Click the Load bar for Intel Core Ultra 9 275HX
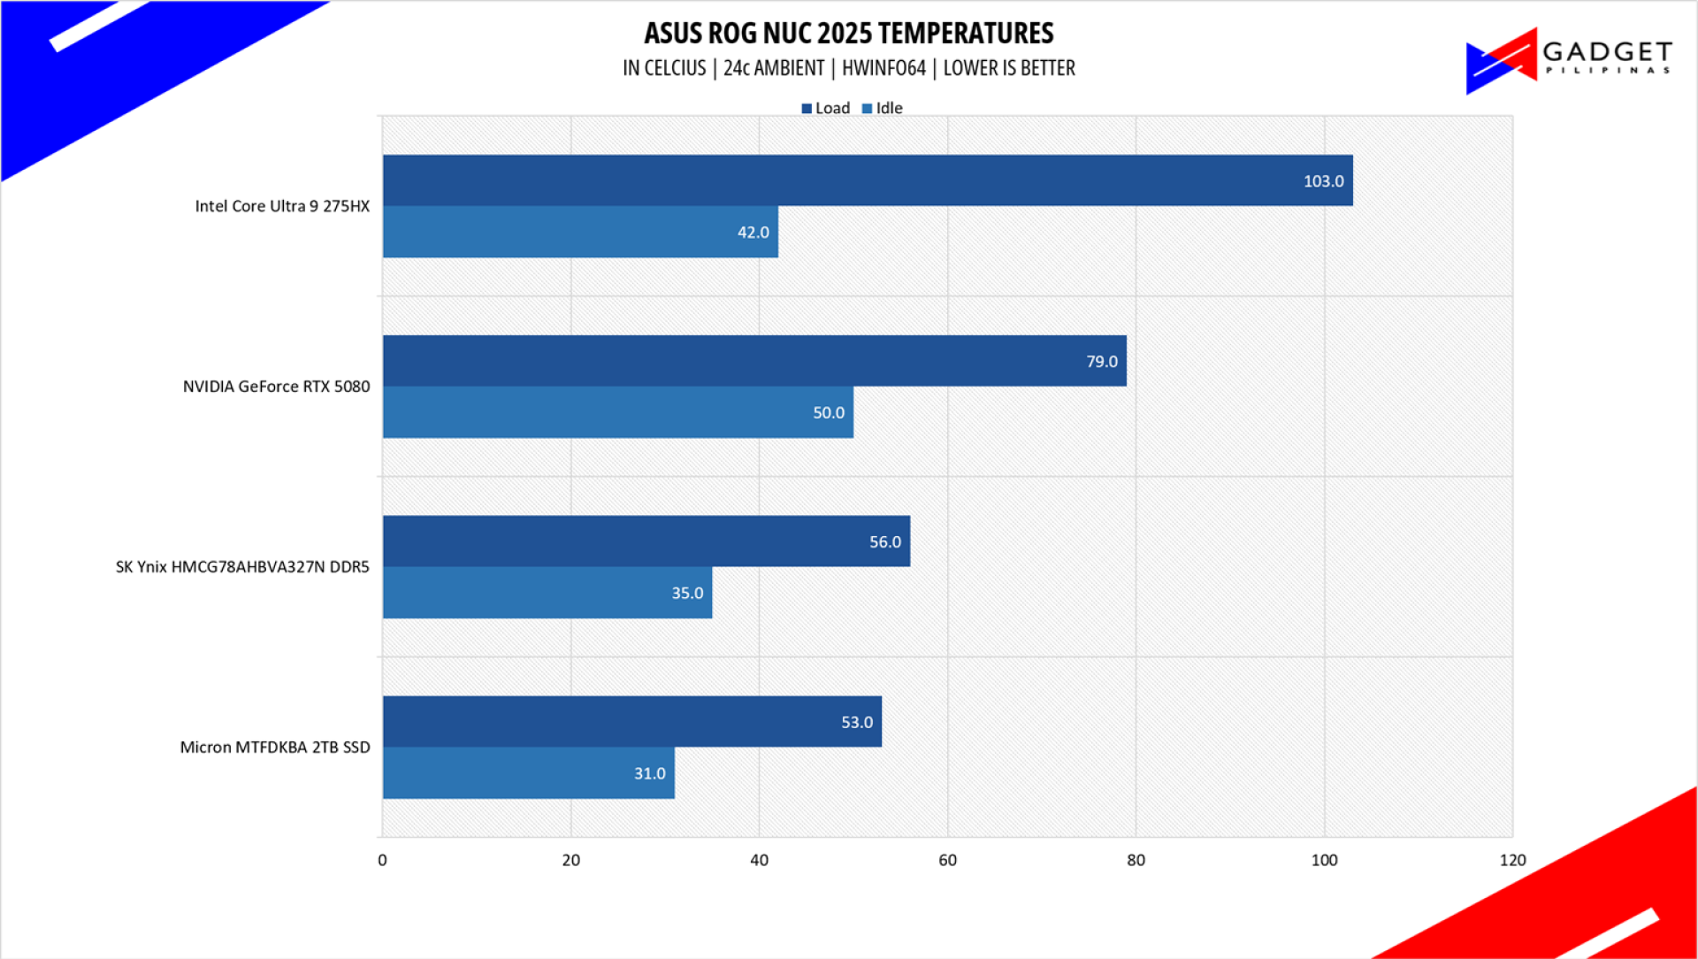coord(867,180)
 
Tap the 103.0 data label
coord(1323,181)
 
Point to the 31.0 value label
coord(649,774)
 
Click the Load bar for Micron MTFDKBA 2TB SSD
coord(631,722)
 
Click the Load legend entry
coord(826,108)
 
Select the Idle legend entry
coord(883,108)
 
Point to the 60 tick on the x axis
coord(947,860)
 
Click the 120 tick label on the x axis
coord(1512,860)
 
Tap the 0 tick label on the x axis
coord(382,860)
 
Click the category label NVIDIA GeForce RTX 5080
coord(276,387)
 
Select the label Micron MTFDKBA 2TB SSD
coord(275,748)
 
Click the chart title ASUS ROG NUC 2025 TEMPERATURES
coord(848,34)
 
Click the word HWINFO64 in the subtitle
coord(883,68)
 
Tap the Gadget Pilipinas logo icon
coord(1501,60)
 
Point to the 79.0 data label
coord(1101,362)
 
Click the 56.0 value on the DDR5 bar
coord(884,542)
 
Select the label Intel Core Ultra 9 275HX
coord(282,206)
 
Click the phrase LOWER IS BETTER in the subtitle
coord(1008,68)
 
